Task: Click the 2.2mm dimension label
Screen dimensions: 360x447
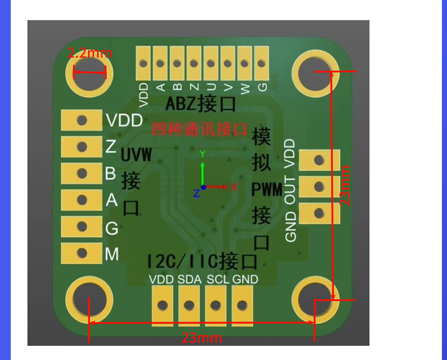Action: (89, 54)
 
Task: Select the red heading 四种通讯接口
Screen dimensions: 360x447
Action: (199, 129)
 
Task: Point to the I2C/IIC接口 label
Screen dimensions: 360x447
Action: (202, 261)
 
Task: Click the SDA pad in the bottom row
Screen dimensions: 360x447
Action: (189, 306)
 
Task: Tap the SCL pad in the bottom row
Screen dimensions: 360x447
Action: (216, 306)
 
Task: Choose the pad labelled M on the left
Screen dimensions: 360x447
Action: (81, 253)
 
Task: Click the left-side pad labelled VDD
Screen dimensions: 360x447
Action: (81, 120)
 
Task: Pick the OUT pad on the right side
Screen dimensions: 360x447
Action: (319, 186)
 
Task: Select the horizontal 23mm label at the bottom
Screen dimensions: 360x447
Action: (201, 338)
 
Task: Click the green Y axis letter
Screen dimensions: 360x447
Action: (202, 153)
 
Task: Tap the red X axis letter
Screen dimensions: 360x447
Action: (233, 186)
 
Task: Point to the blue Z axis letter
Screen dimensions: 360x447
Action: (196, 193)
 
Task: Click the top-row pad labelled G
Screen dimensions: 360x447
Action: (261, 63)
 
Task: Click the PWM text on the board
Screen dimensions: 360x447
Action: (267, 190)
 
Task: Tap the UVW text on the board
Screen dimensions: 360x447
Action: (136, 155)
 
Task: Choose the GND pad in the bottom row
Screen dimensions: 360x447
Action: (242, 306)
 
